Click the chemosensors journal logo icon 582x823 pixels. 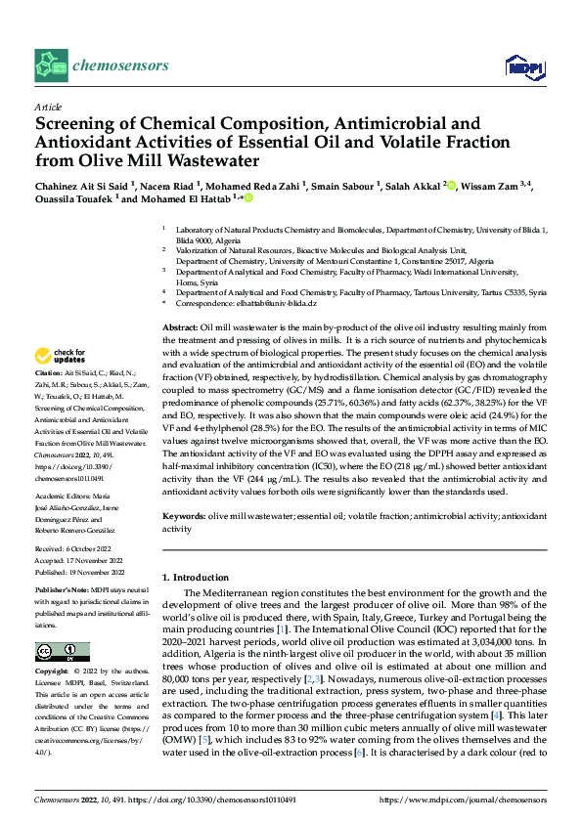point(50,65)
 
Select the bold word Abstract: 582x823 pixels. point(179,327)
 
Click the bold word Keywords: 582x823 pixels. point(183,515)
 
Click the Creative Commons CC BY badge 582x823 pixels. point(62,651)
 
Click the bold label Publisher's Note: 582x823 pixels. point(66,590)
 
